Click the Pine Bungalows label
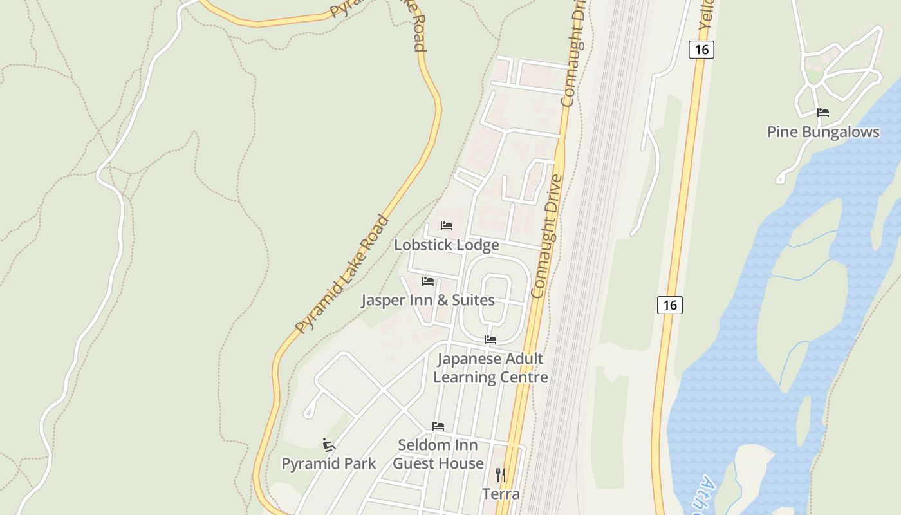point(822,132)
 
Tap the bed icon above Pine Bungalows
point(822,113)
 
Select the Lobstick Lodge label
point(446,245)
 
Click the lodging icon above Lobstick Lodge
point(446,226)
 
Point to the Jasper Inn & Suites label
point(427,301)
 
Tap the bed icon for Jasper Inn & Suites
point(427,281)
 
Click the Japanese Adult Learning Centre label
point(490,368)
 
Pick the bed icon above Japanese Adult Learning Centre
point(490,340)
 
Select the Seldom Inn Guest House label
point(438,454)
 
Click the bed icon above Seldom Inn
point(438,426)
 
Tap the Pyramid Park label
point(329,464)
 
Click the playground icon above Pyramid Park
point(329,444)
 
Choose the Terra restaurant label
point(501,494)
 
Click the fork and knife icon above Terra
point(501,475)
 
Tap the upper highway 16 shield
point(701,49)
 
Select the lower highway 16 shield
point(669,304)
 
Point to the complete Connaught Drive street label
point(548,236)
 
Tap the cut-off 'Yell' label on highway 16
point(707,13)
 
